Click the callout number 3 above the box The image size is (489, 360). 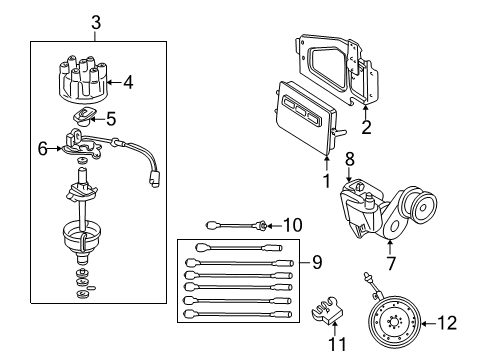[x=95, y=21]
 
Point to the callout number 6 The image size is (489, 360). [x=42, y=148]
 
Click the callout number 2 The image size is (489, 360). [x=366, y=128]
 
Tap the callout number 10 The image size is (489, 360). [x=292, y=225]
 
